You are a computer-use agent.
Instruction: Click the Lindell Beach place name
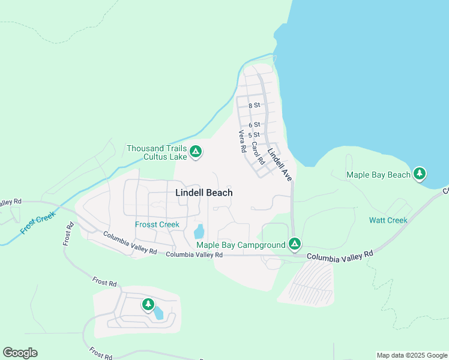click(203, 193)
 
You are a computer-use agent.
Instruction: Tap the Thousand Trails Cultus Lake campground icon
click(195, 152)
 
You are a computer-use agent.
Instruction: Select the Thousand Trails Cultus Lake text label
click(157, 152)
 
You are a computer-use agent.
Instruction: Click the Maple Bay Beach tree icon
click(420, 174)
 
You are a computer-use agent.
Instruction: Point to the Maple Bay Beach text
click(378, 175)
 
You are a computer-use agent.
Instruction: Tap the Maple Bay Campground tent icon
click(294, 244)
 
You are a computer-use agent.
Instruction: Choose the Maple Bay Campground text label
click(241, 244)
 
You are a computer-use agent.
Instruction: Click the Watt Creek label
click(388, 220)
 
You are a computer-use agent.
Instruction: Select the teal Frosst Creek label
click(157, 224)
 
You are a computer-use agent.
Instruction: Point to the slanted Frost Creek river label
click(37, 222)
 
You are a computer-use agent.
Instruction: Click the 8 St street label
click(254, 105)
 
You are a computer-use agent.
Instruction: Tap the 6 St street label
click(254, 125)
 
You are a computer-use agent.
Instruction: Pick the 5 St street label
click(254, 135)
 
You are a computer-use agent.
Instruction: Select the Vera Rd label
click(243, 142)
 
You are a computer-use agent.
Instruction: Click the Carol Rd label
click(258, 153)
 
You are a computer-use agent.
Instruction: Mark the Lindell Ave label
click(280, 165)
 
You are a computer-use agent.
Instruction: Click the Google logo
click(20, 353)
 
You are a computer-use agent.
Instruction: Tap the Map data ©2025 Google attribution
click(412, 355)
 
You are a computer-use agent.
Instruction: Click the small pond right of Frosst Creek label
click(199, 231)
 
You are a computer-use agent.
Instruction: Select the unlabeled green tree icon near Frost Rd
click(148, 304)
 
